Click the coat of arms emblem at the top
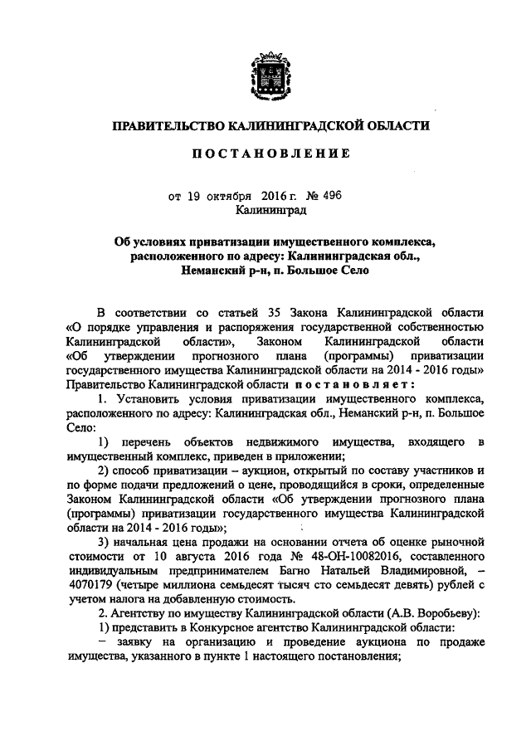[265, 80]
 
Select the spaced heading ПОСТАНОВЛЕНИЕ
[265, 154]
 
